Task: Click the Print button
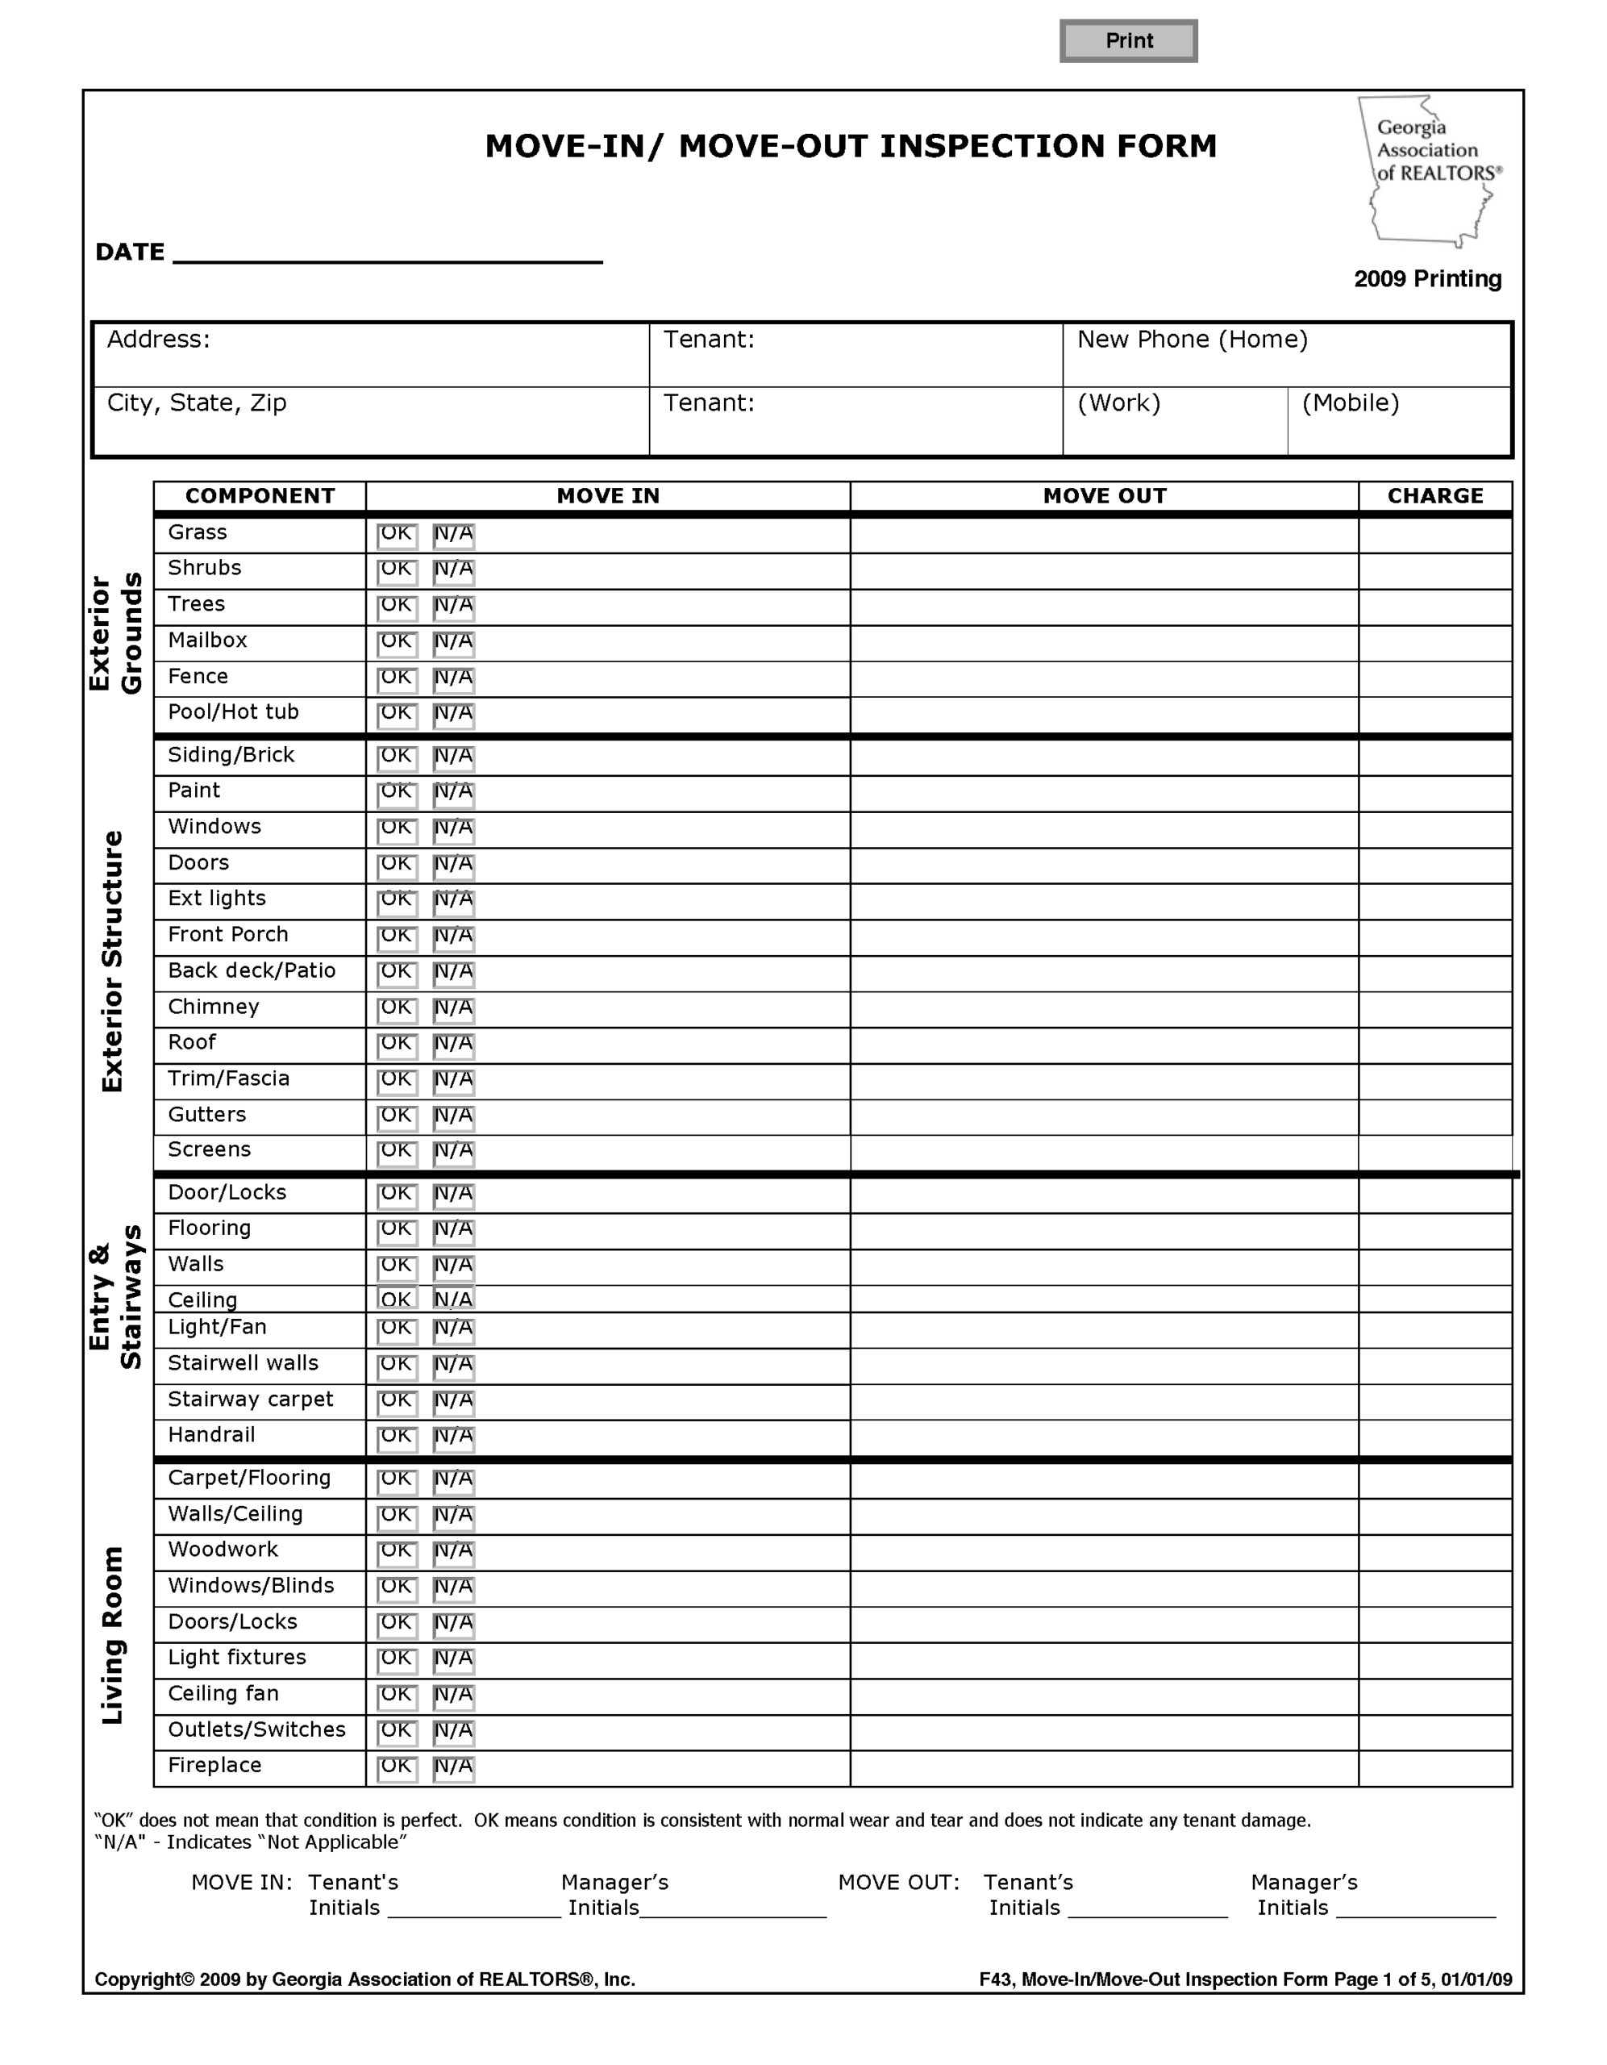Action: (1128, 40)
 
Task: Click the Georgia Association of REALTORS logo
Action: (1428, 171)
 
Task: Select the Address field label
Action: (159, 340)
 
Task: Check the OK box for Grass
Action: (397, 535)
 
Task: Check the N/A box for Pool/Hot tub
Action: (454, 715)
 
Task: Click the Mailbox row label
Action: (208, 641)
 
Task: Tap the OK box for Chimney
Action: (397, 1010)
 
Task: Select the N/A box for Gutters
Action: (454, 1117)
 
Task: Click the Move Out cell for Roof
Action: (1103, 1045)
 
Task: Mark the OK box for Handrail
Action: (397, 1438)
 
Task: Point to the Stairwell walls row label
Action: (243, 1363)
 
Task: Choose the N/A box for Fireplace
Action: (454, 1768)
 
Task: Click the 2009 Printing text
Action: (1426, 279)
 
